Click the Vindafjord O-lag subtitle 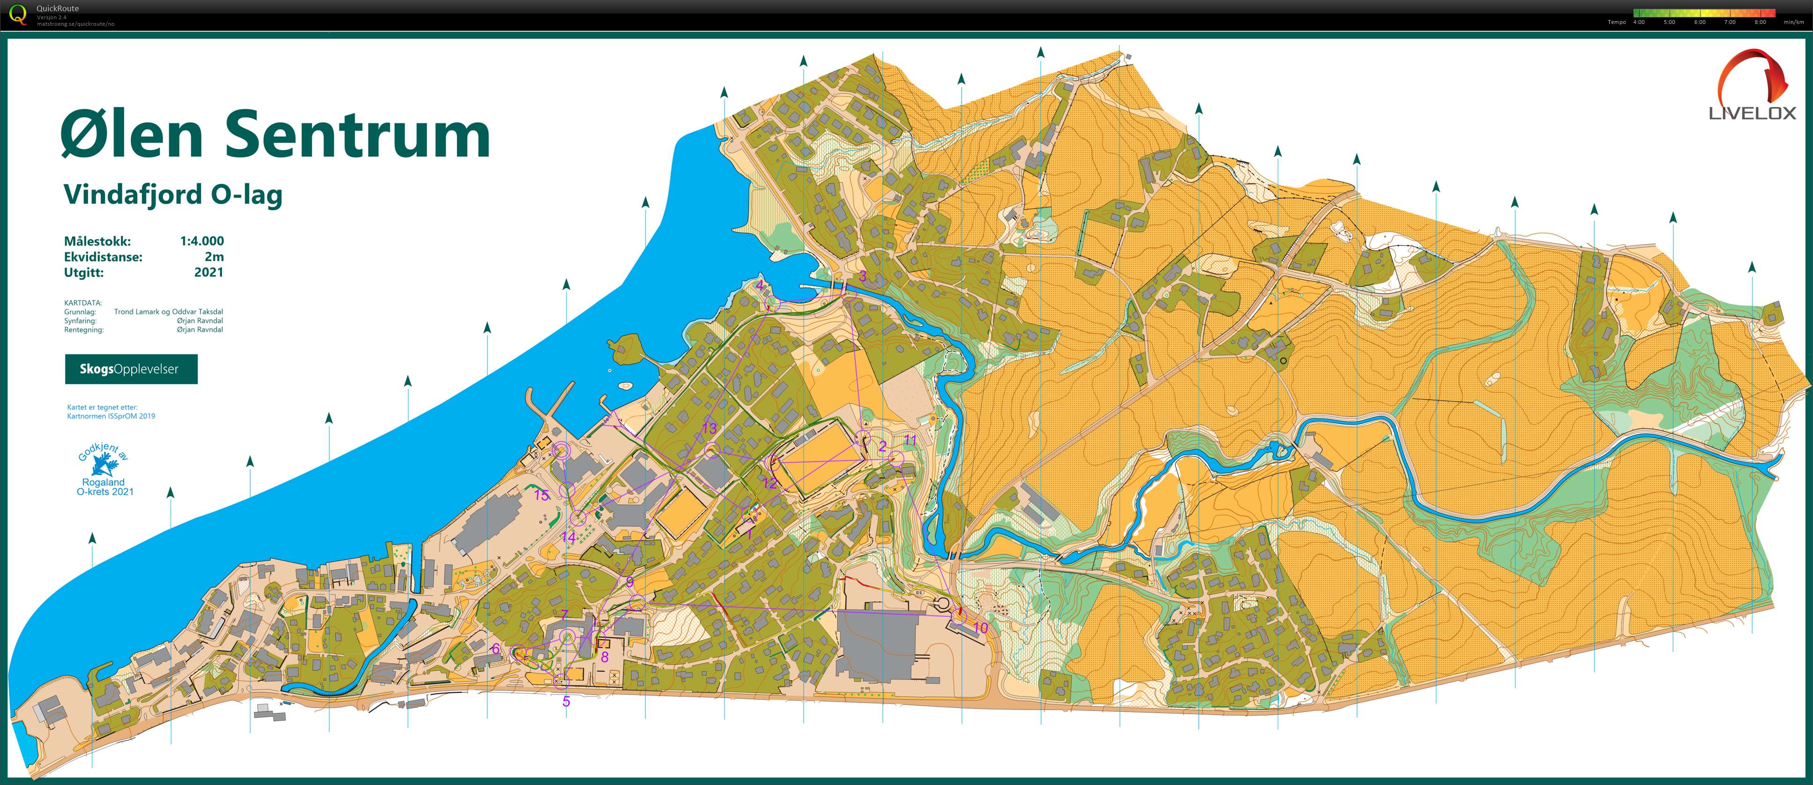click(172, 194)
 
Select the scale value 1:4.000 click(202, 241)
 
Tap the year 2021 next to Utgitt click(209, 272)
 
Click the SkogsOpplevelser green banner click(131, 369)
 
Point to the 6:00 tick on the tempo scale click(1700, 22)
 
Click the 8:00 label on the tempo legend click(1760, 22)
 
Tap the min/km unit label click(1793, 22)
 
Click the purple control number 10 click(980, 627)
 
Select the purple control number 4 click(760, 285)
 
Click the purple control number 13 click(709, 428)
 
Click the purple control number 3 click(862, 277)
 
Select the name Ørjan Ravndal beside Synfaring click(200, 321)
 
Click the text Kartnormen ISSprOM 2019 click(111, 416)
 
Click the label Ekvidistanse click(103, 257)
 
